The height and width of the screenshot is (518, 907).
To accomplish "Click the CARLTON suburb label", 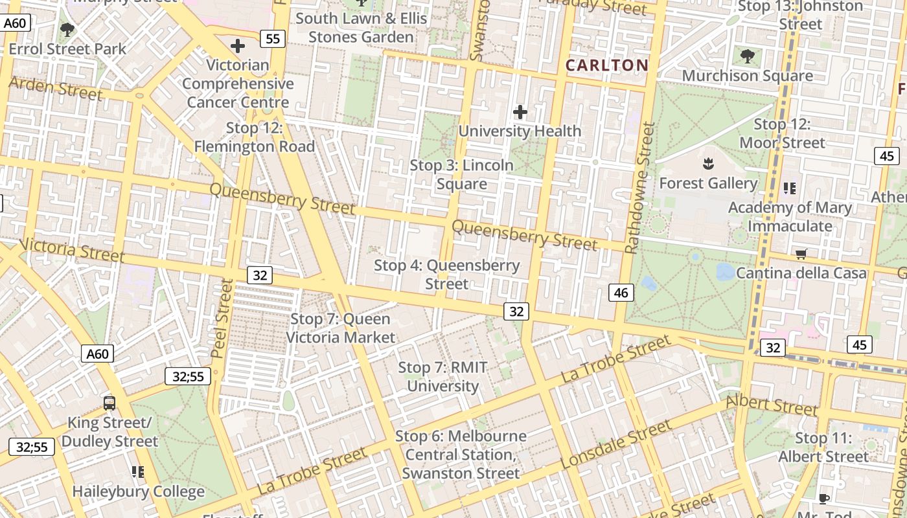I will click(x=606, y=65).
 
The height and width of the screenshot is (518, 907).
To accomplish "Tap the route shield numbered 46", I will click(x=621, y=293).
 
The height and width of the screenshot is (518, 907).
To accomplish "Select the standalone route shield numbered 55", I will click(x=273, y=39).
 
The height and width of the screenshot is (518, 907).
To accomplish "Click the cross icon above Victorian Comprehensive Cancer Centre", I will click(x=238, y=46).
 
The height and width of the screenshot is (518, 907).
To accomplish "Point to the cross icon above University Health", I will click(x=520, y=112).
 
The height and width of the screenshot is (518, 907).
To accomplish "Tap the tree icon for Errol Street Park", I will click(x=67, y=30).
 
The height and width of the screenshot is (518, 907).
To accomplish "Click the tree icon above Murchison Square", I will click(x=747, y=56).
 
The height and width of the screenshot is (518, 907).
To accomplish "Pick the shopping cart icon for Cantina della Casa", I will click(x=801, y=254).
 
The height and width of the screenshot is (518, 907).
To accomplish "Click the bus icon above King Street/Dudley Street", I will click(x=109, y=403).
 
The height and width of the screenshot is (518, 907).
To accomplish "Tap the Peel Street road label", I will click(x=222, y=319).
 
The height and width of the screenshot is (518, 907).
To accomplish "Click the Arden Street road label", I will click(x=56, y=89).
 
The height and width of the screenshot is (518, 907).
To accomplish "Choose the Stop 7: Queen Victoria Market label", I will click(x=340, y=328).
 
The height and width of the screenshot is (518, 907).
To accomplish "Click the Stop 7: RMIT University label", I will click(x=442, y=377).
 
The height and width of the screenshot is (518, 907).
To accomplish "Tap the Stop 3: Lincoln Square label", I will click(x=461, y=175).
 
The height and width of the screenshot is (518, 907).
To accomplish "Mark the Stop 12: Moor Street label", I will click(x=782, y=133).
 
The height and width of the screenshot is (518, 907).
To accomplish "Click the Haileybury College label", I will click(x=138, y=491).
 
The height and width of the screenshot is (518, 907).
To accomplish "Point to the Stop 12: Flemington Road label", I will click(x=255, y=137).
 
